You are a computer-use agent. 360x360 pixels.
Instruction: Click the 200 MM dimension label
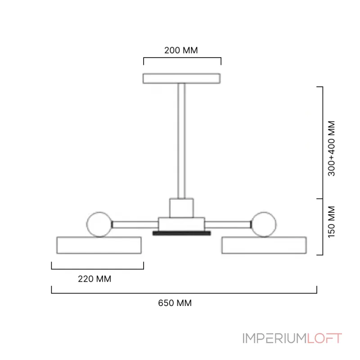(181, 50)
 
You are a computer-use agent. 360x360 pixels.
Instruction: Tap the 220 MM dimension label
(94, 279)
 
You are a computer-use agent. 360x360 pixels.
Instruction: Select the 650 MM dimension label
(175, 303)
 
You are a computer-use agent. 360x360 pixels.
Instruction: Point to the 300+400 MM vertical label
(332, 148)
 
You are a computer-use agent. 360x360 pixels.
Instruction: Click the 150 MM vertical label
(332, 221)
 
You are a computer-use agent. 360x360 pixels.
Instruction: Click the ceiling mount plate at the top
(181, 78)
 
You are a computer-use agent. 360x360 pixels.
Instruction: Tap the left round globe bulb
(99, 223)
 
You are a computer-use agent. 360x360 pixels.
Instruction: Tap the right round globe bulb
(264, 223)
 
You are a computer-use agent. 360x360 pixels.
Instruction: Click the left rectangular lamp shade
(99, 245)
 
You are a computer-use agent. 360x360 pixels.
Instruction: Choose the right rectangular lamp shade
(264, 245)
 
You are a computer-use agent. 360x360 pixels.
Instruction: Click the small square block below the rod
(181, 207)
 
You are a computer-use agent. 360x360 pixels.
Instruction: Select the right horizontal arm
(228, 224)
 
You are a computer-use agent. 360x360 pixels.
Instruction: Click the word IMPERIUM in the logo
(274, 338)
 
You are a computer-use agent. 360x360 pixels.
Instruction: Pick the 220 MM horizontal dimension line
(97, 269)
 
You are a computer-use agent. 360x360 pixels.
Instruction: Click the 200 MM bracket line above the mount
(182, 58)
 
